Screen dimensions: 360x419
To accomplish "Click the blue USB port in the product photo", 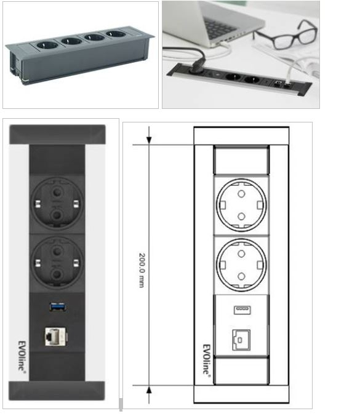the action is pos(58,307).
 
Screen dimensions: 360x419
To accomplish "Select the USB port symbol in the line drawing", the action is pos(242,310).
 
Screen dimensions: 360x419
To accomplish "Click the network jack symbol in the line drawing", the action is pos(241,340).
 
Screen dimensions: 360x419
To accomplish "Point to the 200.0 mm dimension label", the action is pos(142,270).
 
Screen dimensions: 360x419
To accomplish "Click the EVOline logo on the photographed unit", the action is pos(22,356).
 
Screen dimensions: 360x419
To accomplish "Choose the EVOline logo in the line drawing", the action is pos(206,360).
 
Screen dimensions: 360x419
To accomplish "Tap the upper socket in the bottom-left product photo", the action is pos(57,202).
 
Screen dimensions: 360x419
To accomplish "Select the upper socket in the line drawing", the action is pos(241,205).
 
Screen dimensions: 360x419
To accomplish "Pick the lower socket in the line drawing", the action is pos(241,265).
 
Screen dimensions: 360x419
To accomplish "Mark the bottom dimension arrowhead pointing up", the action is pos(149,390).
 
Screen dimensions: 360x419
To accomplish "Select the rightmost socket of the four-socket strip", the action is pos(116,34).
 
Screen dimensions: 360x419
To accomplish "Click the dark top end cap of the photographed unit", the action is pos(57,135).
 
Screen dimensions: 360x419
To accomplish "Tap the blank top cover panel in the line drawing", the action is pos(241,161).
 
